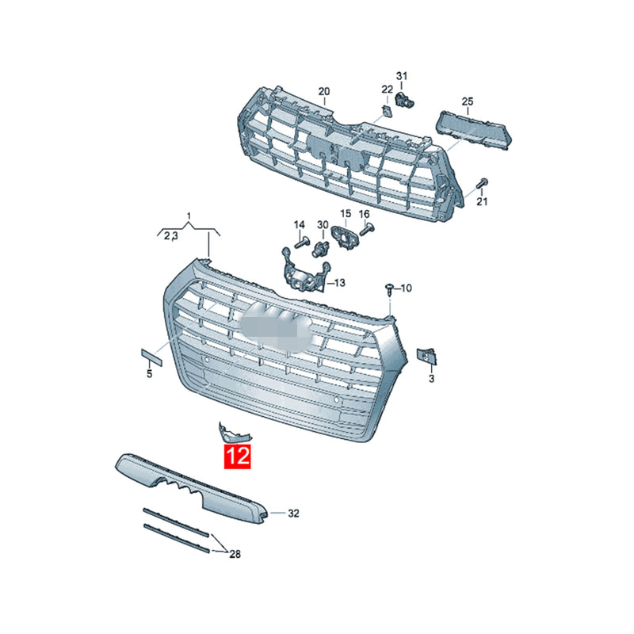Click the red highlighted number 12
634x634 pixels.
pyautogui.click(x=238, y=456)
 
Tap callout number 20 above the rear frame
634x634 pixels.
pyautogui.click(x=324, y=92)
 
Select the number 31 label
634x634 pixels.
pyautogui.click(x=402, y=75)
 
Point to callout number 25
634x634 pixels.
pyautogui.click(x=468, y=101)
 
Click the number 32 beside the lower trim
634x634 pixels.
pyautogui.click(x=293, y=513)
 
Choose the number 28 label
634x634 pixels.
pyautogui.click(x=235, y=554)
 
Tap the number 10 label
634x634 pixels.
pyautogui.click(x=406, y=288)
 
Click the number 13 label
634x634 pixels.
pyautogui.click(x=340, y=283)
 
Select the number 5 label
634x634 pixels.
pyautogui.click(x=149, y=374)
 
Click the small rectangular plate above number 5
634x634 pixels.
pyautogui.click(x=151, y=358)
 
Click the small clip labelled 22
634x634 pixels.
pyautogui.click(x=388, y=111)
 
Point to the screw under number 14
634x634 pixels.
pyautogui.click(x=302, y=243)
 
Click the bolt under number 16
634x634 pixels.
pyautogui.click(x=367, y=230)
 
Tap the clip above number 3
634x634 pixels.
pyautogui.click(x=426, y=356)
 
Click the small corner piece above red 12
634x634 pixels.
pyautogui.click(x=232, y=432)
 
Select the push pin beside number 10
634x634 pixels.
pyautogui.click(x=389, y=289)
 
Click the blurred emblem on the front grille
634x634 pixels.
pyautogui.click(x=276, y=327)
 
